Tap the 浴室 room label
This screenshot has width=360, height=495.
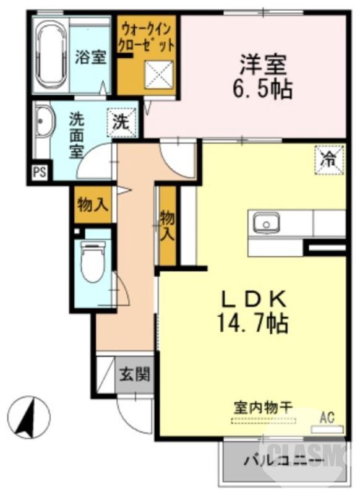[x=91, y=58]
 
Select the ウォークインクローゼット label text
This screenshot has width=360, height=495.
[x=148, y=37]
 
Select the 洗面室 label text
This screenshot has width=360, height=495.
[x=77, y=136]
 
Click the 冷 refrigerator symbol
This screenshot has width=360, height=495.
[x=328, y=158]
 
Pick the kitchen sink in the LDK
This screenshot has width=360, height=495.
[x=265, y=222]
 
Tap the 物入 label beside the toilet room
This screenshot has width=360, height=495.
[x=93, y=205]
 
